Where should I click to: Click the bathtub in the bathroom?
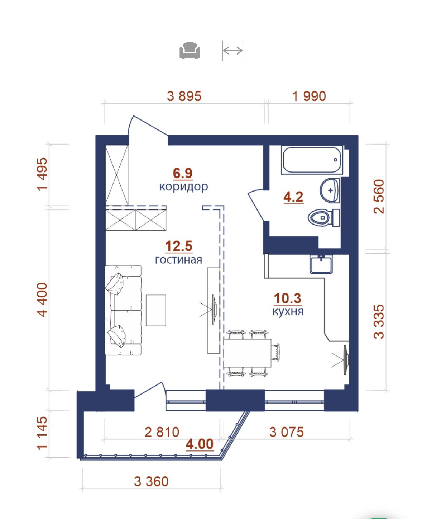pos(312,160)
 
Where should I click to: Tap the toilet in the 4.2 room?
pos(323,218)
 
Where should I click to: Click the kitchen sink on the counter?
pos(321,264)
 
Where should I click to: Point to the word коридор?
pos(184,187)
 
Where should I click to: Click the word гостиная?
pos(179,260)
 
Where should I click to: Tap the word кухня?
pos(288,311)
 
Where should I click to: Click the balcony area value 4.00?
pos(200,444)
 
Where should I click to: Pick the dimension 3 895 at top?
pos(184,96)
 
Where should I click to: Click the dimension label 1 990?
pos(309,96)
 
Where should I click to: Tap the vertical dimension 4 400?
pos(42,300)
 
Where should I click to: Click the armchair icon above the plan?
pos(190,51)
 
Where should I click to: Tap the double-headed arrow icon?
pos(232,51)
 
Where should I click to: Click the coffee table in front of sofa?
pos(156,310)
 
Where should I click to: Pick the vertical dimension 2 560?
pos(379,197)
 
